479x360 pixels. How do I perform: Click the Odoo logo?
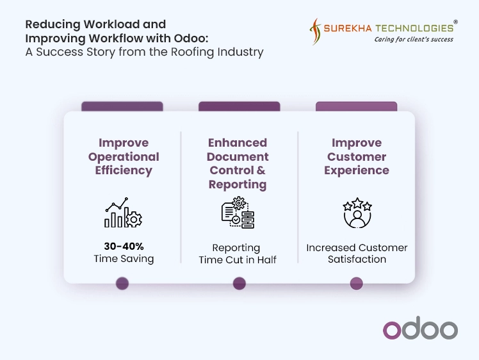point(420,328)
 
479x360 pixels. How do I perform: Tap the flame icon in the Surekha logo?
point(315,31)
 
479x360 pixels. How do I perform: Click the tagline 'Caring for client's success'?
point(414,40)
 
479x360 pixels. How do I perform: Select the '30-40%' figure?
point(124,246)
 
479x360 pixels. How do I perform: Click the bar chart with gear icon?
point(123,212)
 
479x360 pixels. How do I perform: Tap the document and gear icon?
point(238,213)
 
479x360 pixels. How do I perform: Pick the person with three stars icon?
point(357,213)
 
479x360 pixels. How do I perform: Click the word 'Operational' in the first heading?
point(124,157)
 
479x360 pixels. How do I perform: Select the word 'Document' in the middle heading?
point(238,156)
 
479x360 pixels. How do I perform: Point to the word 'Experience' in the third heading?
point(357,170)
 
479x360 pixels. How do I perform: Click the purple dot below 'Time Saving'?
point(122,283)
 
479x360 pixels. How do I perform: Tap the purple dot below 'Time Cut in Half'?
point(239,283)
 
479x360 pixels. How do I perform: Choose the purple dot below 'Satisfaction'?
point(357,283)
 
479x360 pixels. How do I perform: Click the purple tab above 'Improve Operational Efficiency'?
point(122,106)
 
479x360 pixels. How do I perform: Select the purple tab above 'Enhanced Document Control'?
point(239,106)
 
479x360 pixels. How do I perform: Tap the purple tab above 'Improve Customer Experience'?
point(357,106)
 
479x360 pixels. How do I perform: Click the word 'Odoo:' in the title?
point(191,38)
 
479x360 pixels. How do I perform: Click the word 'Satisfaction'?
point(357,259)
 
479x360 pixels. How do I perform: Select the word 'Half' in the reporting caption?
point(266,260)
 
